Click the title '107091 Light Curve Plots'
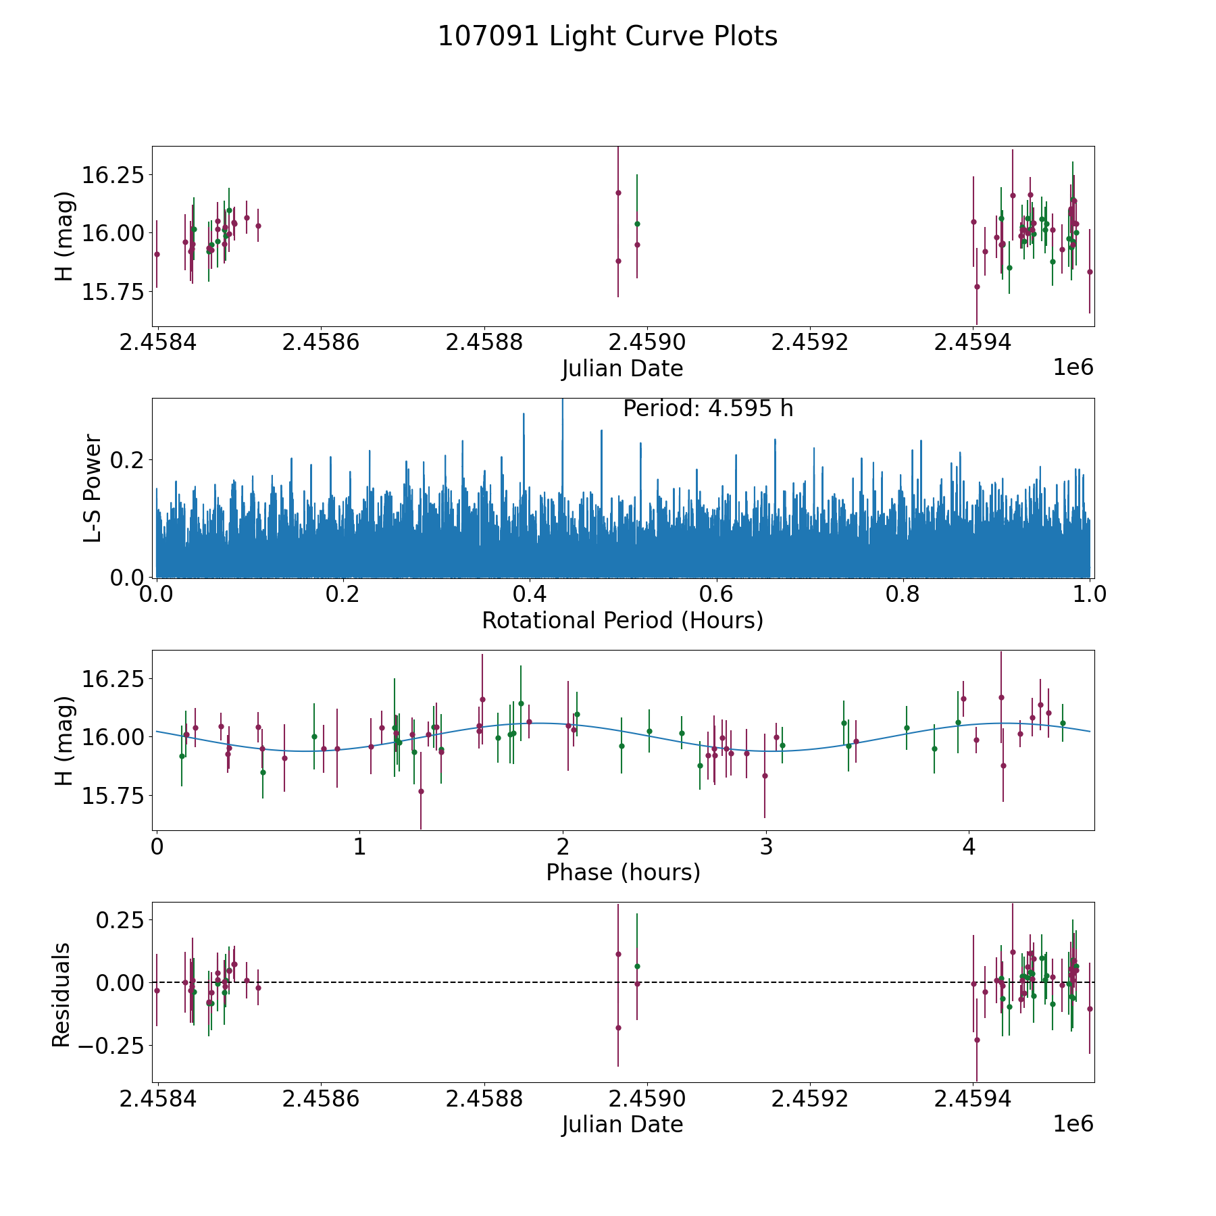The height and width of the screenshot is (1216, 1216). (607, 36)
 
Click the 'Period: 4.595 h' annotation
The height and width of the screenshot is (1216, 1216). (707, 409)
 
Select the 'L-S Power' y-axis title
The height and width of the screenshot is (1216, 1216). (93, 488)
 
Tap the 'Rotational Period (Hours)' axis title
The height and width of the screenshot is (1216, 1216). (622, 620)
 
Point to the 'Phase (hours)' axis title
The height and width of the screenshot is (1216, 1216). (622, 872)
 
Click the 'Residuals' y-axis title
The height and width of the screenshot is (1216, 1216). (61, 994)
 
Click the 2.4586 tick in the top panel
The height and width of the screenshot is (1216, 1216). (321, 343)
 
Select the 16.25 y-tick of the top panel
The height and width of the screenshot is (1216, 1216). (113, 176)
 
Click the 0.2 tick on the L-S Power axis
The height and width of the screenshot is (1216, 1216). (128, 460)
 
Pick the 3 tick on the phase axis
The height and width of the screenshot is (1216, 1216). (765, 847)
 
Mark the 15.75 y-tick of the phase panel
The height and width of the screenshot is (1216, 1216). (113, 796)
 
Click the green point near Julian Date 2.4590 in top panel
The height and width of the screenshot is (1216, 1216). (636, 224)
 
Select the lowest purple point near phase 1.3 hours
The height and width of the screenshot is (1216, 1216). (421, 791)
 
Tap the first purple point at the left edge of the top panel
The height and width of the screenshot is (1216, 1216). (157, 254)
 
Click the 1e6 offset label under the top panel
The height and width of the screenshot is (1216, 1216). (1073, 368)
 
